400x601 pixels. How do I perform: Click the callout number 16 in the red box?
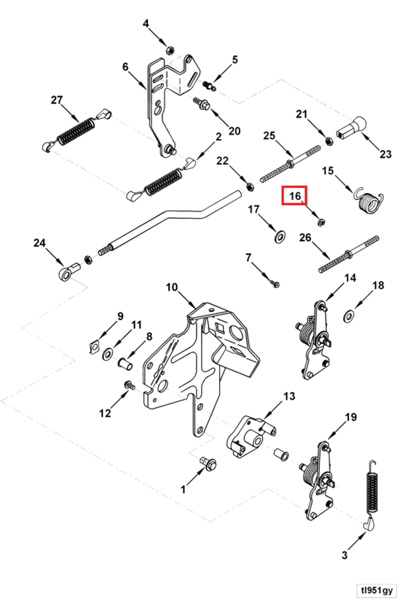(294, 196)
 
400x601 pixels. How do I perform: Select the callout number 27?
(57, 100)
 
